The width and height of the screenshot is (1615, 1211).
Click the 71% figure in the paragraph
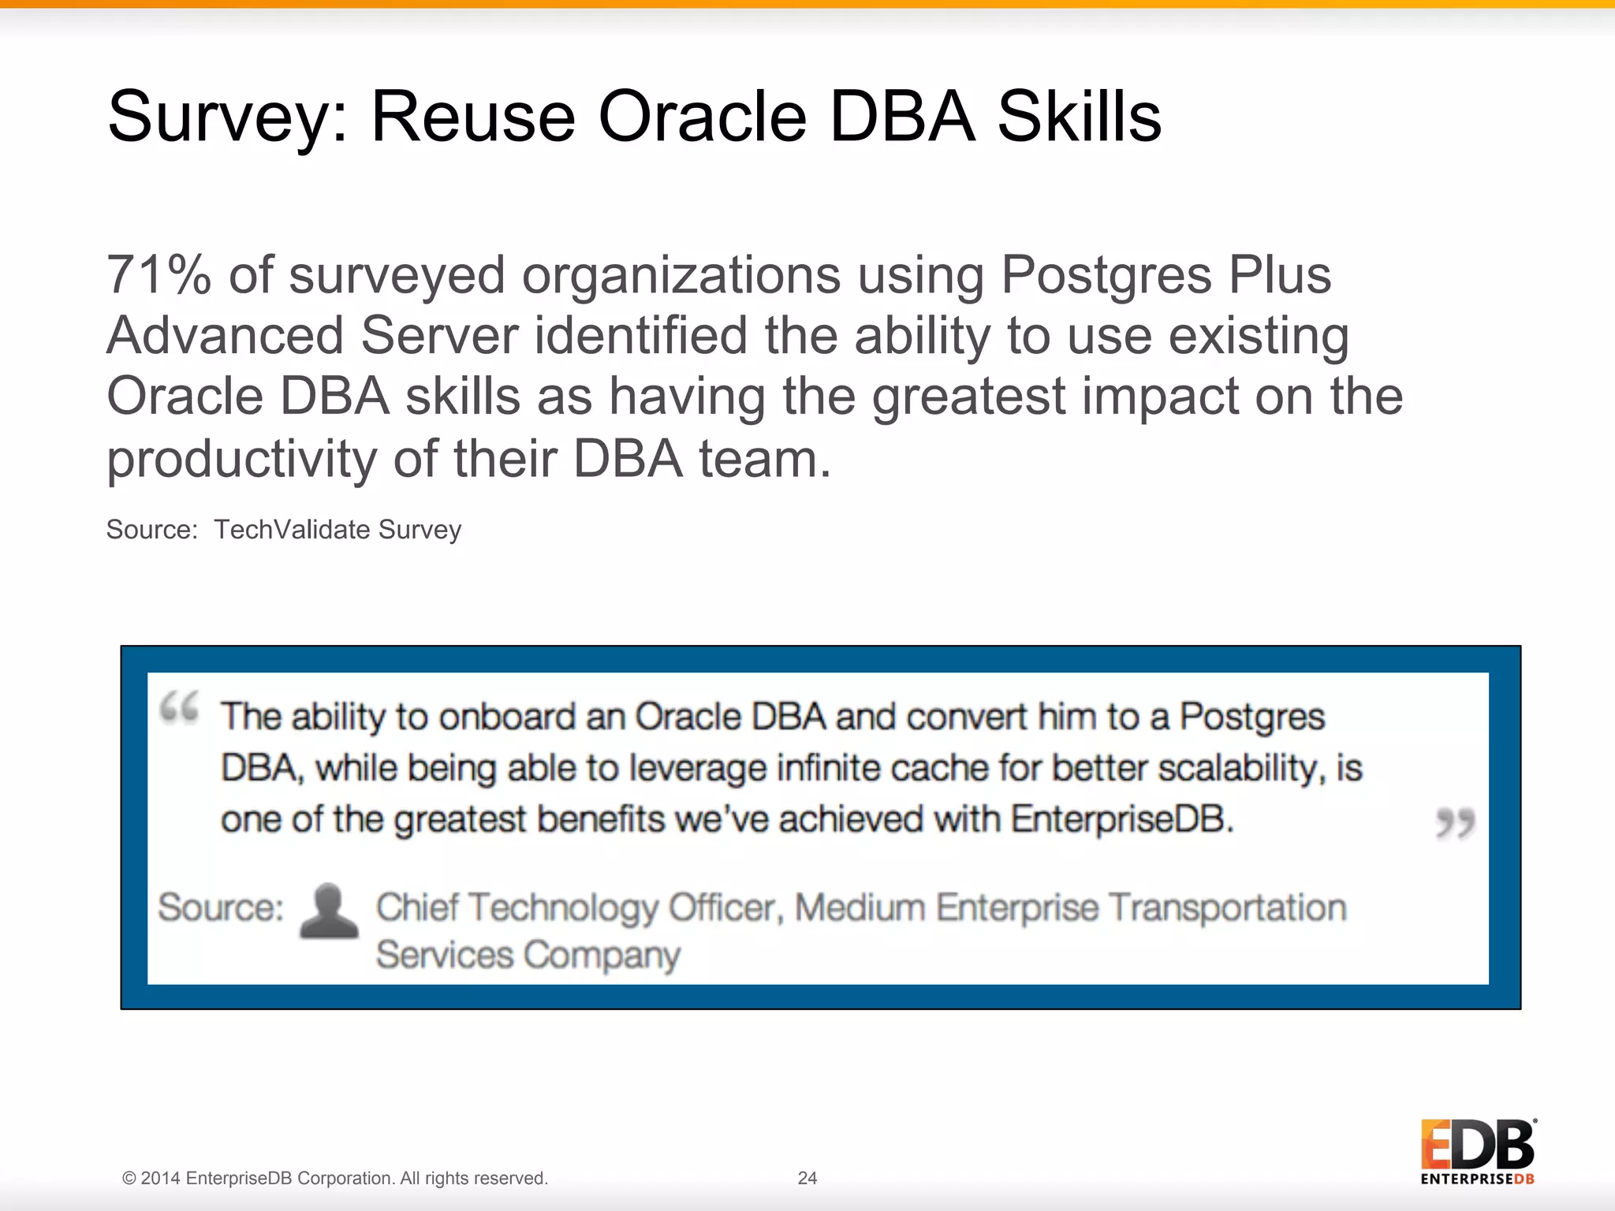(159, 275)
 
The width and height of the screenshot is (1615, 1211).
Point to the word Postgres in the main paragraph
(1106, 276)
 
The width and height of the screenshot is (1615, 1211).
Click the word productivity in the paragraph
(241, 459)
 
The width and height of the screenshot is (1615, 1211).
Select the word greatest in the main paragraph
(968, 397)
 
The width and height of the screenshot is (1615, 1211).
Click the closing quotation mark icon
(1455, 823)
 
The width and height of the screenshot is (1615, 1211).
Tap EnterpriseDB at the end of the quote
(1121, 820)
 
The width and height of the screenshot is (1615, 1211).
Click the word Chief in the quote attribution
(416, 907)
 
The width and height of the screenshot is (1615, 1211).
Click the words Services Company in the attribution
(528, 956)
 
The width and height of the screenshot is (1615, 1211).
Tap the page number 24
(807, 1178)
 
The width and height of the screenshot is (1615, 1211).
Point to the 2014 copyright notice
(334, 1178)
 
